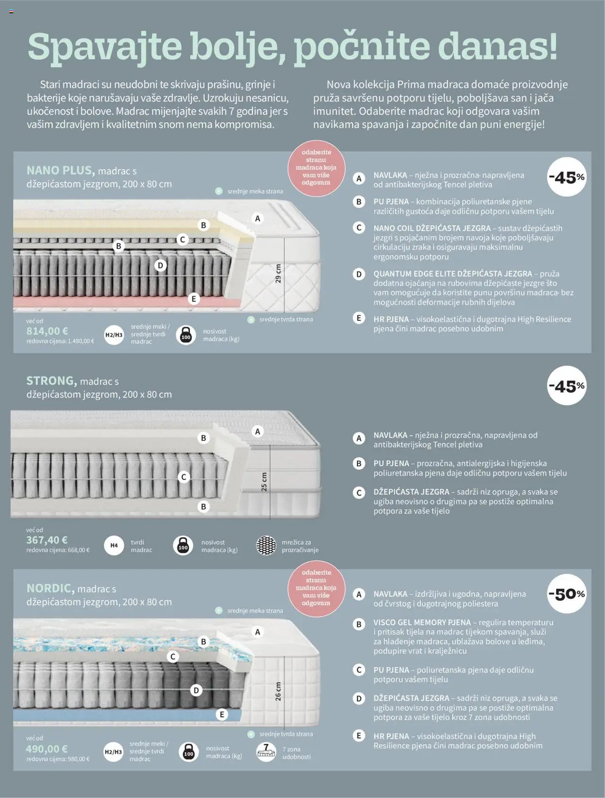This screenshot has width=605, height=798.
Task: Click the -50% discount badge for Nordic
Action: pyautogui.click(x=567, y=594)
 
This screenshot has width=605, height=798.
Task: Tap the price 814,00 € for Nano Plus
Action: pyautogui.click(x=47, y=331)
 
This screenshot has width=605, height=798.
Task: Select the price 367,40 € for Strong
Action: pyautogui.click(x=47, y=540)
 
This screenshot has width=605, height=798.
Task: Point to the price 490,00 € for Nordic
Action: pyautogui.click(x=47, y=749)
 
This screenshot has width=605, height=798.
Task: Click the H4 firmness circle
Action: pyautogui.click(x=114, y=545)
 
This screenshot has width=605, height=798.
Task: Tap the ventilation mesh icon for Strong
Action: pyautogui.click(x=266, y=546)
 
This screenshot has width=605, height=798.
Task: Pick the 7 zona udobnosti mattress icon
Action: pyautogui.click(x=266, y=752)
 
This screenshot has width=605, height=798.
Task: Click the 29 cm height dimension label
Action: pyautogui.click(x=278, y=274)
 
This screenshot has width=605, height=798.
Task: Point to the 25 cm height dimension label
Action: pyautogui.click(x=264, y=481)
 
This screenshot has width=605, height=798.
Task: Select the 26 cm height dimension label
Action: pyautogui.click(x=278, y=691)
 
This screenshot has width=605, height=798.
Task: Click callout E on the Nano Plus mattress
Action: pyautogui.click(x=193, y=299)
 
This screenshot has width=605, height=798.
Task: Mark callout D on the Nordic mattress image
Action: pyautogui.click(x=196, y=690)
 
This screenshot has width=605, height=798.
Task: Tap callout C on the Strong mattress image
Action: pyautogui.click(x=184, y=477)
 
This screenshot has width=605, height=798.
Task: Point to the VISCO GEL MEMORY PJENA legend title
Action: pyautogui.click(x=422, y=622)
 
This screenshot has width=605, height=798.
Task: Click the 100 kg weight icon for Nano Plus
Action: pyautogui.click(x=186, y=335)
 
